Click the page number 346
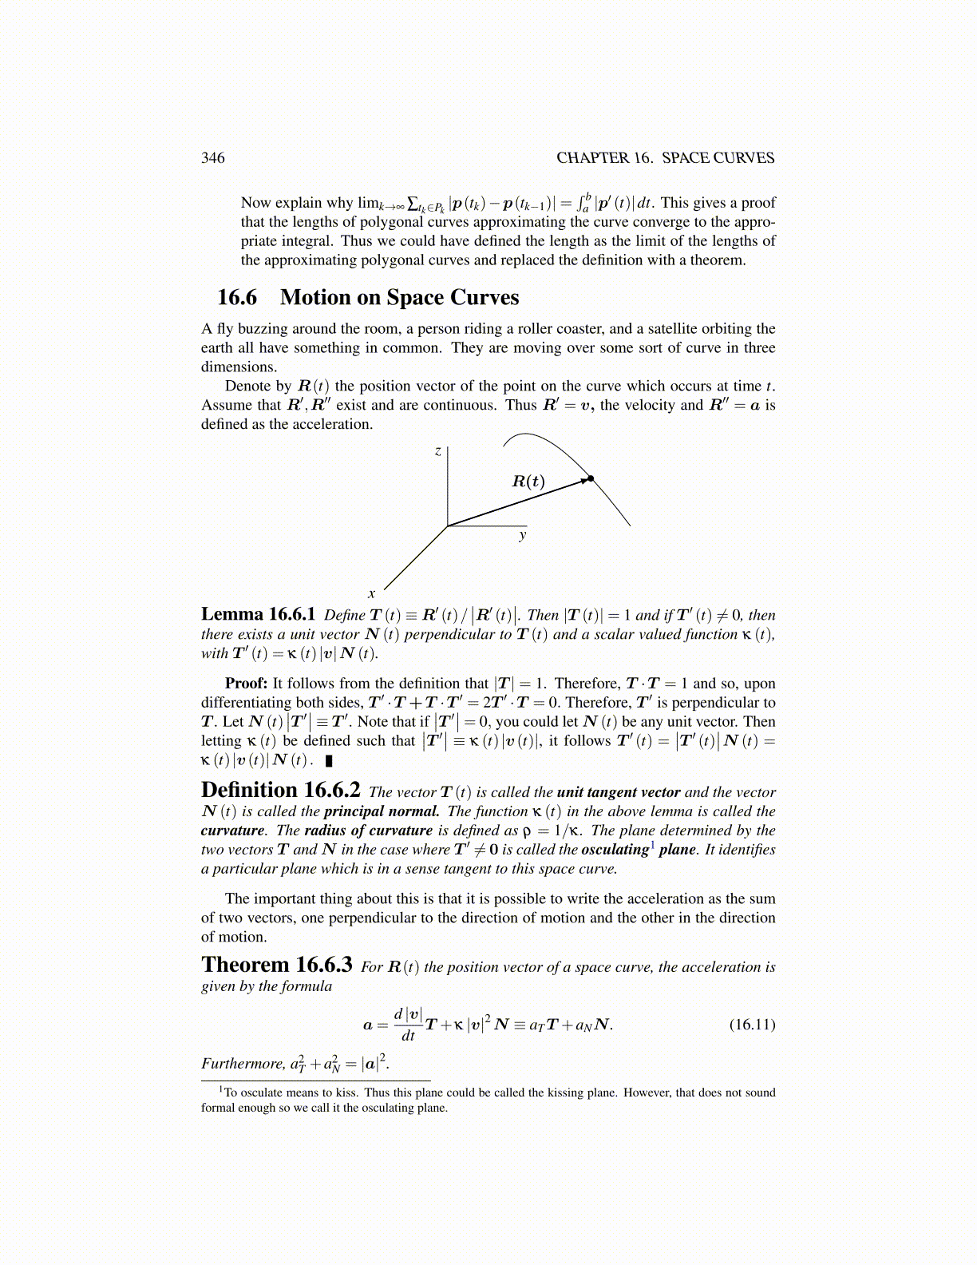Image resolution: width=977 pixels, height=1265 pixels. (212, 157)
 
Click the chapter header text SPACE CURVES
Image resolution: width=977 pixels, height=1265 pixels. (718, 157)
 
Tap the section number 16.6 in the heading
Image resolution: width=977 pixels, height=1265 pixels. (237, 297)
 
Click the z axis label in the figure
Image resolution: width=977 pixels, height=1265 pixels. (437, 451)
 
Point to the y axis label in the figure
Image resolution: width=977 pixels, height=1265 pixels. (523, 535)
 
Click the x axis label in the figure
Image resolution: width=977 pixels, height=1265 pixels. (371, 593)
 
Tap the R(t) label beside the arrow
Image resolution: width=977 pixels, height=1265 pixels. (528, 481)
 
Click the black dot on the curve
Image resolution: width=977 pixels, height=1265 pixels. (591, 478)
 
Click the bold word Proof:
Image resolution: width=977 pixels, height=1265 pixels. (246, 684)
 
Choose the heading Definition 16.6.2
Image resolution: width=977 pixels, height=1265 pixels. (280, 791)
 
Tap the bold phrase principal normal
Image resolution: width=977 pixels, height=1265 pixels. (381, 811)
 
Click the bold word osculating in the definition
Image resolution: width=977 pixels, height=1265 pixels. (615, 850)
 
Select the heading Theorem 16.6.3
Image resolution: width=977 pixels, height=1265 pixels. (276, 966)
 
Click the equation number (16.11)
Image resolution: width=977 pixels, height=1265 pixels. (752, 1025)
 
